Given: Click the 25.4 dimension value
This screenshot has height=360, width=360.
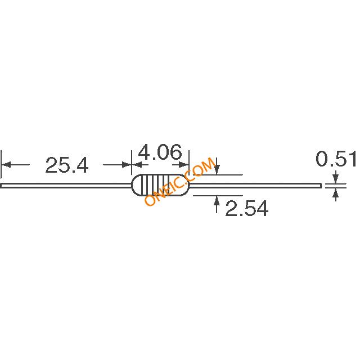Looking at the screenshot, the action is click(x=67, y=165).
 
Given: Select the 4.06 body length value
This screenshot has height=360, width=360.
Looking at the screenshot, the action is click(x=160, y=152).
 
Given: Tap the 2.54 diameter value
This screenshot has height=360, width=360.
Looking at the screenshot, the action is click(x=247, y=208).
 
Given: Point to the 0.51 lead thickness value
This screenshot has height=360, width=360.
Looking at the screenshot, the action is click(x=336, y=159).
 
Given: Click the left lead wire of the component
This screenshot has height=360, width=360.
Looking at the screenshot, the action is click(x=66, y=185).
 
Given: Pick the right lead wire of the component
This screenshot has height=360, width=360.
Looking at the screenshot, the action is click(x=255, y=185).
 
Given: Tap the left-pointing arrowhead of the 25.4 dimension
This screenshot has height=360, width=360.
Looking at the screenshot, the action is click(x=6, y=165).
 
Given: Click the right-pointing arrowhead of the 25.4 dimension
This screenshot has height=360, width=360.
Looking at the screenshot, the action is click(x=127, y=165).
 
